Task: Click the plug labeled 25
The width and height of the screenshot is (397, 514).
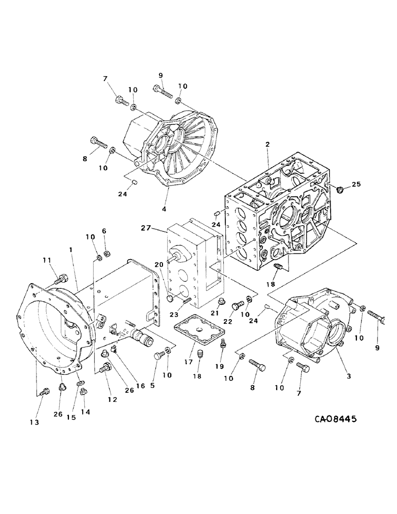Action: pos(339,190)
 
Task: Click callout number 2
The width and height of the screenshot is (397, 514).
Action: pos(267,145)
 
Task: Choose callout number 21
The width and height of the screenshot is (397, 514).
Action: pos(216,314)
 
